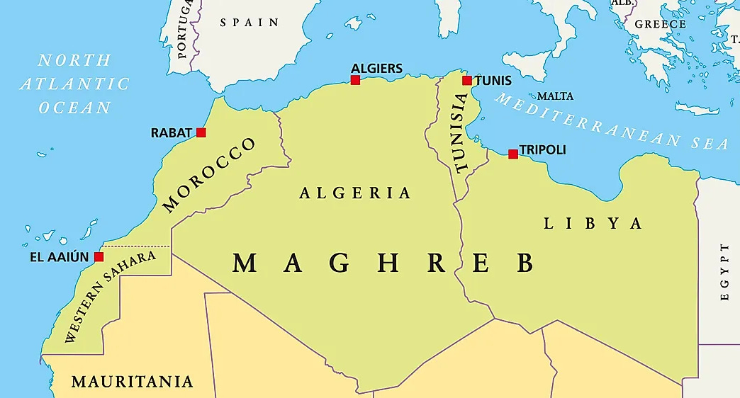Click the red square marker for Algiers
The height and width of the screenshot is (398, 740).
pyautogui.click(x=355, y=80)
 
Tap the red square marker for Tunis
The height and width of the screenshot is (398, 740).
pyautogui.click(x=466, y=80)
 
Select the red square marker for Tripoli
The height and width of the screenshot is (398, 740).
pyautogui.click(x=513, y=154)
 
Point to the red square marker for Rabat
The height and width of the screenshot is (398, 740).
pyautogui.click(x=201, y=132)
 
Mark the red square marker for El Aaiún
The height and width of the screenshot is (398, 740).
pyautogui.click(x=99, y=256)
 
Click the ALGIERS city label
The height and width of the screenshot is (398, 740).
pyautogui.click(x=376, y=69)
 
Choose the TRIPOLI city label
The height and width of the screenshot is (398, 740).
pyautogui.click(x=543, y=150)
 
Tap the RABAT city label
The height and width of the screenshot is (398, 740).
pyautogui.click(x=172, y=132)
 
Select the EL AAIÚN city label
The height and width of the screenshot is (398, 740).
pyautogui.click(x=60, y=257)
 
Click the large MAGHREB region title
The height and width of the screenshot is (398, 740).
pyautogui.click(x=383, y=263)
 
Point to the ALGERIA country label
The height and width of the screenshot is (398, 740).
pyautogui.click(x=355, y=193)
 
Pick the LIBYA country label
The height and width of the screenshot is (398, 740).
pyautogui.click(x=593, y=224)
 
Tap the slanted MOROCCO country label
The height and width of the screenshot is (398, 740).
pyautogui.click(x=209, y=174)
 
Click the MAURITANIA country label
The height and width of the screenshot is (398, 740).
pyautogui.click(x=132, y=382)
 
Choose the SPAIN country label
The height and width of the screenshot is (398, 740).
pyautogui.click(x=250, y=23)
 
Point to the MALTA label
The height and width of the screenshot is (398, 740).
pyautogui.click(x=555, y=96)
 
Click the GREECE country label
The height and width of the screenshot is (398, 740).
pyautogui.click(x=660, y=24)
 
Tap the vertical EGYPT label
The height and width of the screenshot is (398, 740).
pyautogui.click(x=724, y=272)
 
